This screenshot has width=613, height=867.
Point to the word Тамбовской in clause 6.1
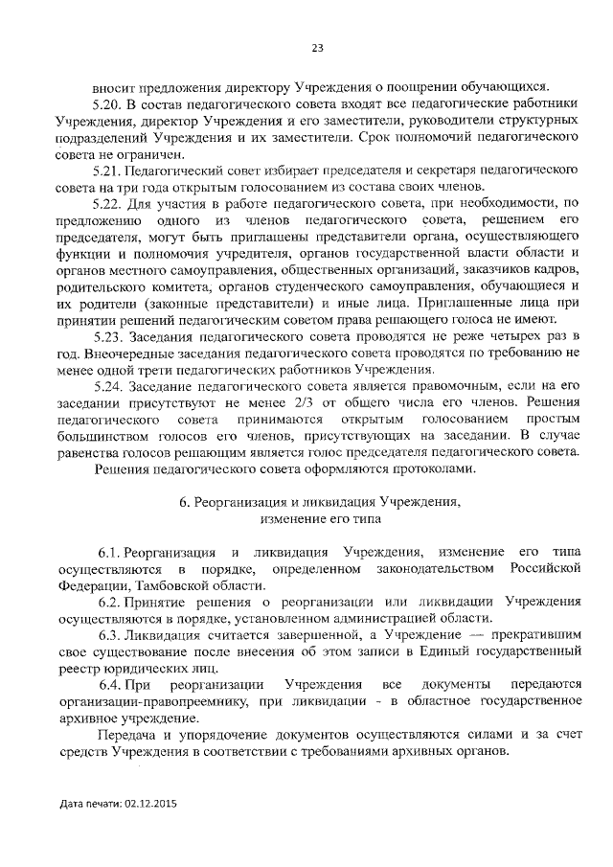click(170, 585)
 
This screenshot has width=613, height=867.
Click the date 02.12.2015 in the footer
click(151, 803)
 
